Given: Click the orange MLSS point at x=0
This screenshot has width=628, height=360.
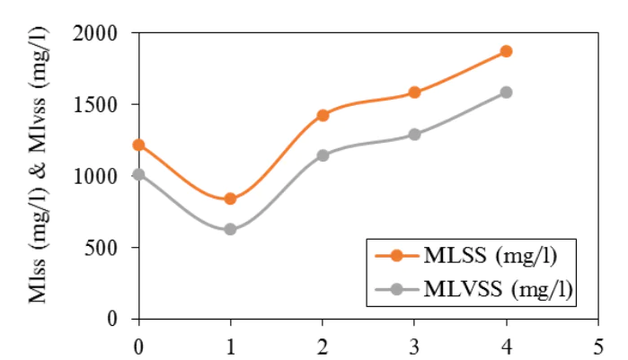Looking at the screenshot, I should pyautogui.click(x=138, y=145).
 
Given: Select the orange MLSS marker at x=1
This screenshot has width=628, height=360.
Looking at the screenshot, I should pyautogui.click(x=231, y=198).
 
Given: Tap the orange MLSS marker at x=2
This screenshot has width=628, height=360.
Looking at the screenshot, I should pyautogui.click(x=323, y=115).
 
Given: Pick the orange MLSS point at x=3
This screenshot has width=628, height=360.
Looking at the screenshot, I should pyautogui.click(x=414, y=92).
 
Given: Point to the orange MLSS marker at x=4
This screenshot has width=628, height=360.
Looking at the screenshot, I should pyautogui.click(x=506, y=51).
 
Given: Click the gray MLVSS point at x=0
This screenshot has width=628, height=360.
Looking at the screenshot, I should pyautogui.click(x=138, y=174).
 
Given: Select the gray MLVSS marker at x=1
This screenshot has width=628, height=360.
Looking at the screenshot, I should pyautogui.click(x=231, y=229).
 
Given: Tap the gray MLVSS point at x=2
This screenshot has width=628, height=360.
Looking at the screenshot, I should pyautogui.click(x=323, y=155).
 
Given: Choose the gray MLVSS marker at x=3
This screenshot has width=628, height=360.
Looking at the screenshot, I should pyautogui.click(x=414, y=135).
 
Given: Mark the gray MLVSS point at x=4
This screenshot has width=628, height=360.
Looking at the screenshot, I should pyautogui.click(x=506, y=92).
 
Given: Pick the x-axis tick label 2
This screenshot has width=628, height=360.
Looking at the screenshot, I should pyautogui.click(x=323, y=344).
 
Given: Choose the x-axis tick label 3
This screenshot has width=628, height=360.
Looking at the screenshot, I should pyautogui.click(x=414, y=344).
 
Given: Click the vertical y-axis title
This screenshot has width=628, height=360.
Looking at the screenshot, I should pyautogui.click(x=41, y=175).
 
